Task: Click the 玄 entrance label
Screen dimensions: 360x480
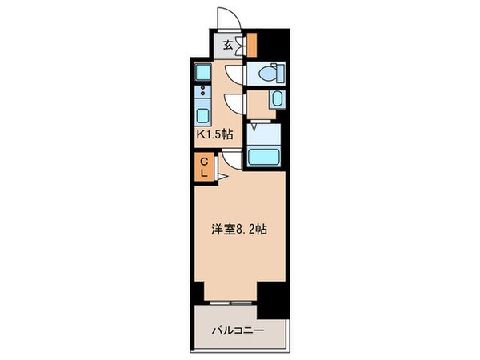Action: point(228,45)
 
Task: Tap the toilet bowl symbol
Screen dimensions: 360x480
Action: point(266,73)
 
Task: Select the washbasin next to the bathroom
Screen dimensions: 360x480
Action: point(276,100)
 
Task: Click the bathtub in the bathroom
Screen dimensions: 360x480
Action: point(265,155)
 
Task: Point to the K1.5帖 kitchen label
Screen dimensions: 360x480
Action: point(214,134)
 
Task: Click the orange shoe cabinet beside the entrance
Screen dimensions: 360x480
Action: point(251,43)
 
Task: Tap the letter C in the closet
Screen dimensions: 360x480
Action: point(203,161)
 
